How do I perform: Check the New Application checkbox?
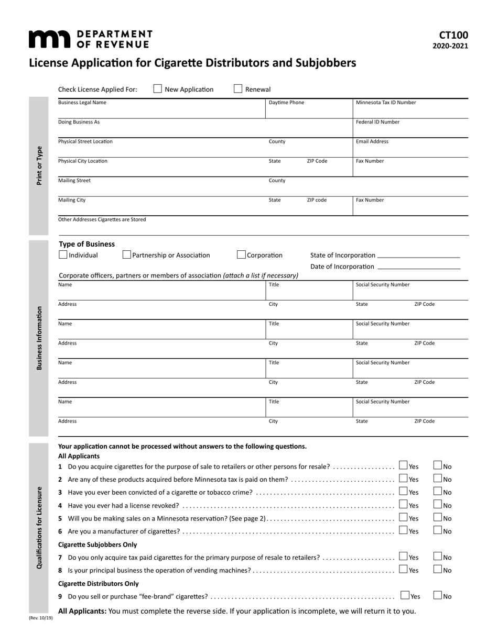[x=158, y=89]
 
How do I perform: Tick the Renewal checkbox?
[x=238, y=89]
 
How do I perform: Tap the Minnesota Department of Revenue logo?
[x=90, y=39]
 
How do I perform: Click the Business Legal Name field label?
[x=82, y=103]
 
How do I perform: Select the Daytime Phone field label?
[x=286, y=103]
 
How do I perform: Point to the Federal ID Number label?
[x=377, y=122]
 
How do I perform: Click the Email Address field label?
[x=372, y=141]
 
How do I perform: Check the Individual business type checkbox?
[x=63, y=255]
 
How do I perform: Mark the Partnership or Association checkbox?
[x=126, y=255]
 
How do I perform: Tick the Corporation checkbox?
[x=241, y=255]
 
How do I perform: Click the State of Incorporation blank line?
[x=418, y=257]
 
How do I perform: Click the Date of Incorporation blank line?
[x=418, y=268]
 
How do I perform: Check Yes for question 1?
[x=403, y=465]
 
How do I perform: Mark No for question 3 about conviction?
[x=438, y=491]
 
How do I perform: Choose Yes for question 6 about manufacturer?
[x=403, y=530]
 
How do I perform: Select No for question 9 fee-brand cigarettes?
[x=438, y=595]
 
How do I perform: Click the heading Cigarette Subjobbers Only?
[x=98, y=545]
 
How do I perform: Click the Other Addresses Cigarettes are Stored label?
[x=102, y=219]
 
